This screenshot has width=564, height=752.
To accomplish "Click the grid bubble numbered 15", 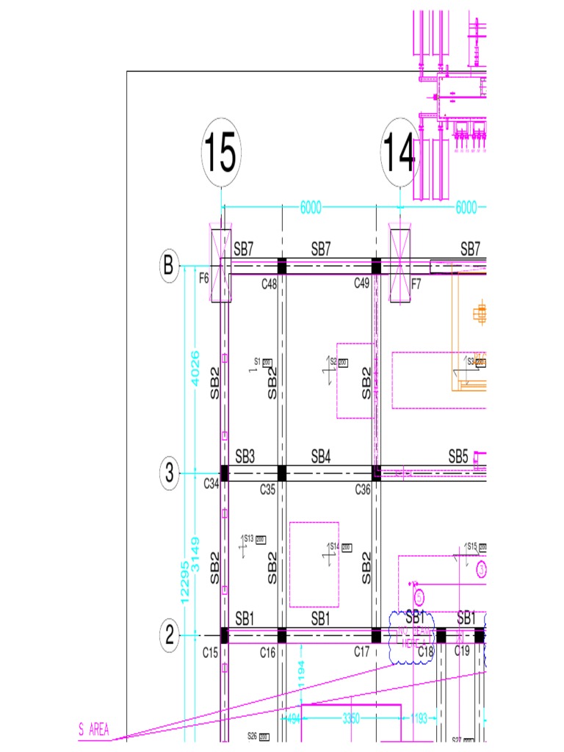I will click(x=221, y=153).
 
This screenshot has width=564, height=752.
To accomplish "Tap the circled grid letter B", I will click(x=169, y=267).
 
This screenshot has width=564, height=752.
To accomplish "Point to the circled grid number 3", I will click(x=169, y=474).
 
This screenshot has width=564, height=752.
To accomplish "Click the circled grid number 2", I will click(x=169, y=636).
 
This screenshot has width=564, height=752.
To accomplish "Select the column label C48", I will click(x=269, y=284).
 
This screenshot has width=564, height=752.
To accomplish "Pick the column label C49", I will click(x=361, y=284).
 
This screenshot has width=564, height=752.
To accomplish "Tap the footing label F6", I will click(x=204, y=278).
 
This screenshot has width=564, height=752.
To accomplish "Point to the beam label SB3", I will click(x=245, y=457).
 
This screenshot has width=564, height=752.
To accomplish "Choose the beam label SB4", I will click(x=320, y=457).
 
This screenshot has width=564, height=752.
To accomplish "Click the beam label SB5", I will click(x=458, y=457).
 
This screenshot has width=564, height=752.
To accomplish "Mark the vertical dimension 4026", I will click(x=195, y=369).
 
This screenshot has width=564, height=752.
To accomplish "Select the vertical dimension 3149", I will click(x=195, y=554).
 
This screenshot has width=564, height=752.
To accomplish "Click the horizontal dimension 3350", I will click(x=351, y=719).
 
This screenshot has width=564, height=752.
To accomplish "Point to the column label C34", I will click(x=211, y=483).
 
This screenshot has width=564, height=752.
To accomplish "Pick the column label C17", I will click(x=361, y=651).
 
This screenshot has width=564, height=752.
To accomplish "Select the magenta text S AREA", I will click(x=93, y=730).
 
